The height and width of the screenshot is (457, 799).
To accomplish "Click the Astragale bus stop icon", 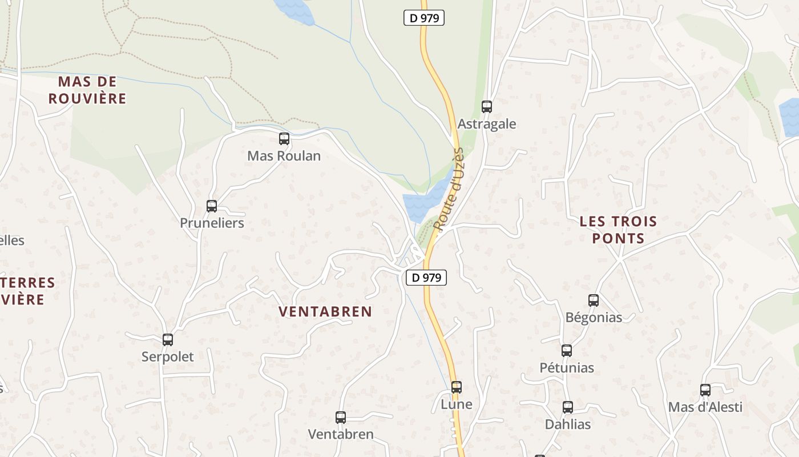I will (x=487, y=106).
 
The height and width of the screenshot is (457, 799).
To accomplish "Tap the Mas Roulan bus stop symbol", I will (x=284, y=138).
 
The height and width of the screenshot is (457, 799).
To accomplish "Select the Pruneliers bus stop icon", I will (x=212, y=206).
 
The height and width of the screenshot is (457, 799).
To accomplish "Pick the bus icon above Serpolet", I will (x=168, y=339).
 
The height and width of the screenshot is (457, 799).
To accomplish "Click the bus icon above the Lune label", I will (x=457, y=387).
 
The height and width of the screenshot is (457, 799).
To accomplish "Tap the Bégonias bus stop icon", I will (x=594, y=300).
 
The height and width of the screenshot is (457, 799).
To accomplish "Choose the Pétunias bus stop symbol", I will (x=567, y=350).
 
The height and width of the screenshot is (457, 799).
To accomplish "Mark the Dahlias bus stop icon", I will (x=568, y=407).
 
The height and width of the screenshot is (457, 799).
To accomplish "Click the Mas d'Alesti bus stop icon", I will (x=705, y=390).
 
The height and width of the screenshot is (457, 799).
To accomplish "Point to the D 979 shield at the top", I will (x=424, y=18).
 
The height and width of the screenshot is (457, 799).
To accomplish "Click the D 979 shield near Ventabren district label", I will (x=426, y=278).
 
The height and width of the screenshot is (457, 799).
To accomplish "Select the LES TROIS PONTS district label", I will (x=618, y=230).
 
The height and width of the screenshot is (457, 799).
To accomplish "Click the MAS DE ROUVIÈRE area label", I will (x=87, y=90).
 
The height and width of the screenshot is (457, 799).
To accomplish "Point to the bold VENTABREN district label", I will (x=325, y=311).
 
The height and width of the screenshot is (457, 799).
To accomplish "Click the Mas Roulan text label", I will (x=284, y=155).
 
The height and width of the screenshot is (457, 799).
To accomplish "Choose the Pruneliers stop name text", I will (x=212, y=223).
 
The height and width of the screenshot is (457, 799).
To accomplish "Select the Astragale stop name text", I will (x=487, y=124).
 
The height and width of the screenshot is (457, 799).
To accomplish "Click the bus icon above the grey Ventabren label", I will (x=341, y=417).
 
